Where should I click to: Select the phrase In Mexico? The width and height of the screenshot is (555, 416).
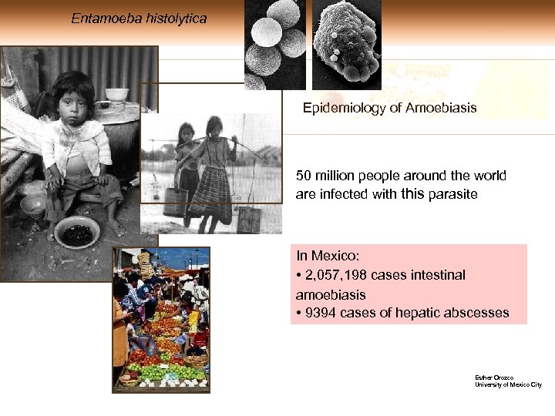327,256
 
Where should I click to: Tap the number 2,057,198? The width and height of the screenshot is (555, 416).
339,275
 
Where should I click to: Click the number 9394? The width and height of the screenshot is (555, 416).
323,313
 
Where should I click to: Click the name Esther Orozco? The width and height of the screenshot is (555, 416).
493,377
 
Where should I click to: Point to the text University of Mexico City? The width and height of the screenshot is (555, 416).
510,384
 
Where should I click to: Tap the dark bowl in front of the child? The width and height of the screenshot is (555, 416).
76,230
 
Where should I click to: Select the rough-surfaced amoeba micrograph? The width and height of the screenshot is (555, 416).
346,42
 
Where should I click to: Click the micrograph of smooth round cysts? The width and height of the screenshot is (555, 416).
274,42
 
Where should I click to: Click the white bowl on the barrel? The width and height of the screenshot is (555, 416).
117,94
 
